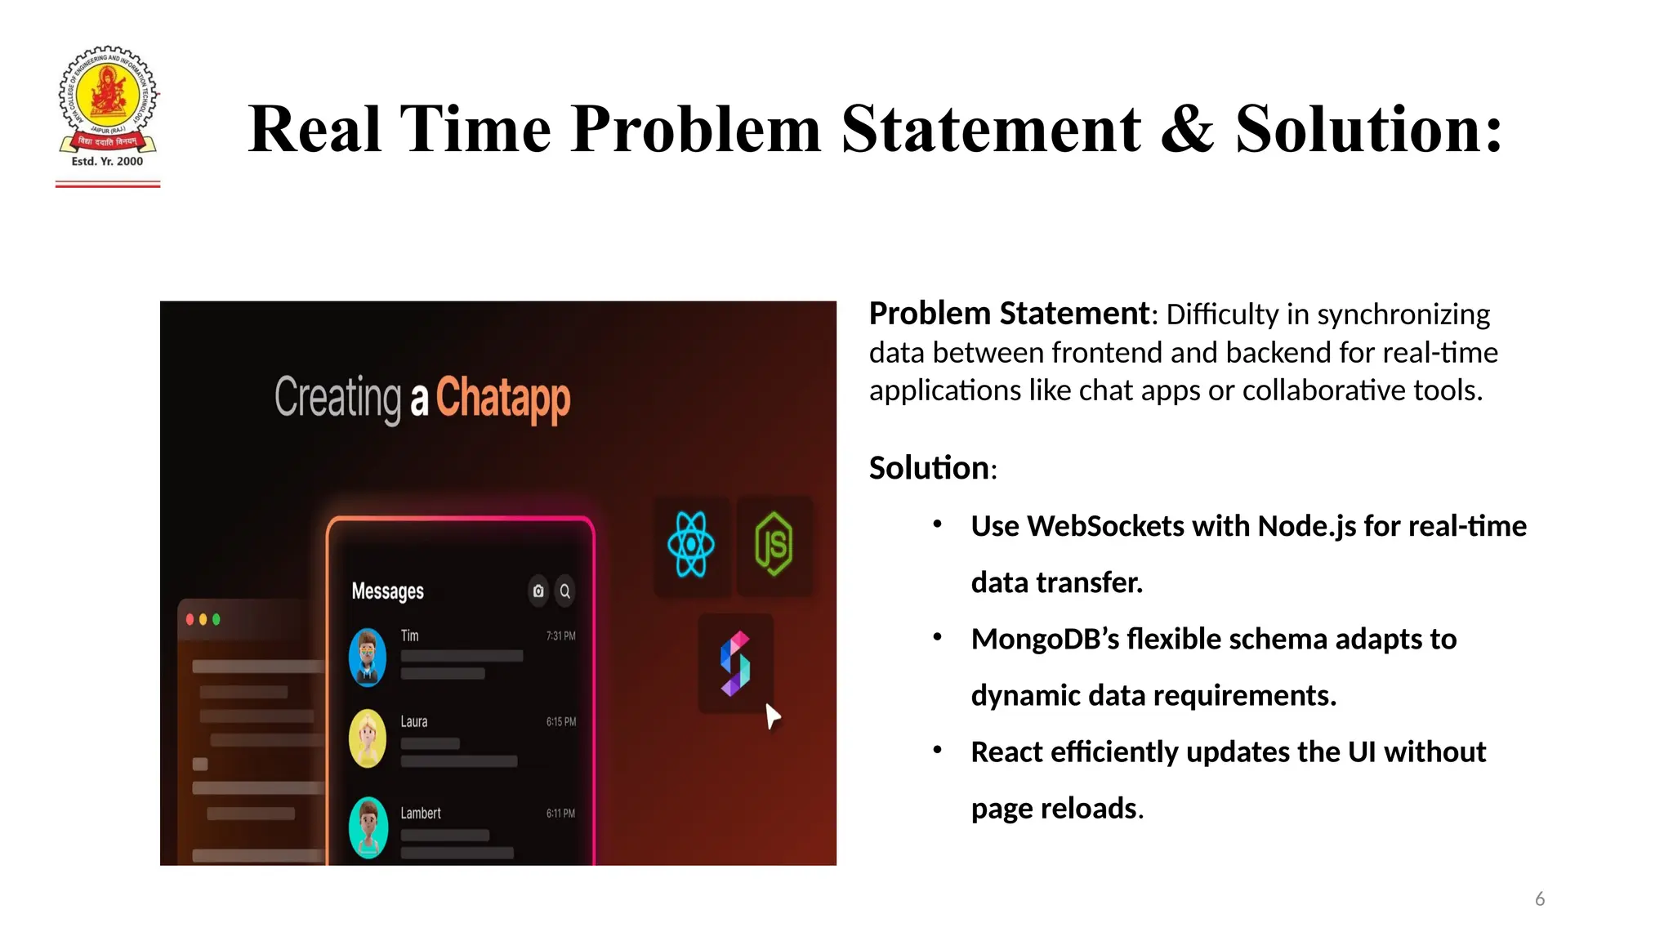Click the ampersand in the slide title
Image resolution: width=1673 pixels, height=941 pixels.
tap(1187, 130)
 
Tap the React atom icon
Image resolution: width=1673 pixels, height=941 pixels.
tap(691, 544)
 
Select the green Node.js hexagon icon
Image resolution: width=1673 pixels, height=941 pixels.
tap(774, 544)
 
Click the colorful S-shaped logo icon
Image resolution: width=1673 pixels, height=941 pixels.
tap(735, 663)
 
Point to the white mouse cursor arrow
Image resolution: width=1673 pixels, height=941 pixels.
tap(772, 716)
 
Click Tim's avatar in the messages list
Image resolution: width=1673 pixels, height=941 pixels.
tap(368, 657)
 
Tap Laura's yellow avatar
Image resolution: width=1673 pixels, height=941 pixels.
tap(368, 738)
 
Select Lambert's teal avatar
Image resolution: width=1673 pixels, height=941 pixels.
tap(368, 827)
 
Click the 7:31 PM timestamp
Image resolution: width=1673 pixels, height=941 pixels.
tap(560, 636)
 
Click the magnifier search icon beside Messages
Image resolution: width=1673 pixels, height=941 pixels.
tap(564, 591)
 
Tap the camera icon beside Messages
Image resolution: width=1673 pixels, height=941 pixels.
tap(538, 591)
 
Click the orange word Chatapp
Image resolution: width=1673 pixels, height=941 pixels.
tap(502, 399)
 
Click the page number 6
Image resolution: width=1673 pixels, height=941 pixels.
tap(1539, 899)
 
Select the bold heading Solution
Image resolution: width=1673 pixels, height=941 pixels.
tap(929, 468)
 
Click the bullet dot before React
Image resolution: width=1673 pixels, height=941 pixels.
tap(938, 749)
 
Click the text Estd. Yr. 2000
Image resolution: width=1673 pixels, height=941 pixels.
tap(107, 162)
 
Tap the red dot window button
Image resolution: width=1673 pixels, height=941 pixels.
tap(190, 619)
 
